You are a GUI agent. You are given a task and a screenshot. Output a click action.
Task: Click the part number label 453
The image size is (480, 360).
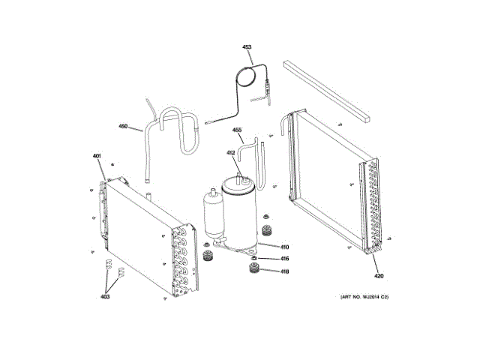[247, 46]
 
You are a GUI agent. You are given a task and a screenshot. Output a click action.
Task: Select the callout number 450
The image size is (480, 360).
[123, 127]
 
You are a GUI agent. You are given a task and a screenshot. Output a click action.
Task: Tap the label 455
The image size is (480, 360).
[237, 130]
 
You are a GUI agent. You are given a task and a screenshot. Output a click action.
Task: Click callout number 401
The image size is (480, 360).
[97, 156]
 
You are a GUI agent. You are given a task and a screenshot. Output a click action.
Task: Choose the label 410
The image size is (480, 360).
[285, 247]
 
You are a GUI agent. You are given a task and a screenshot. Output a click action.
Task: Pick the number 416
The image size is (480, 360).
[285, 259]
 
